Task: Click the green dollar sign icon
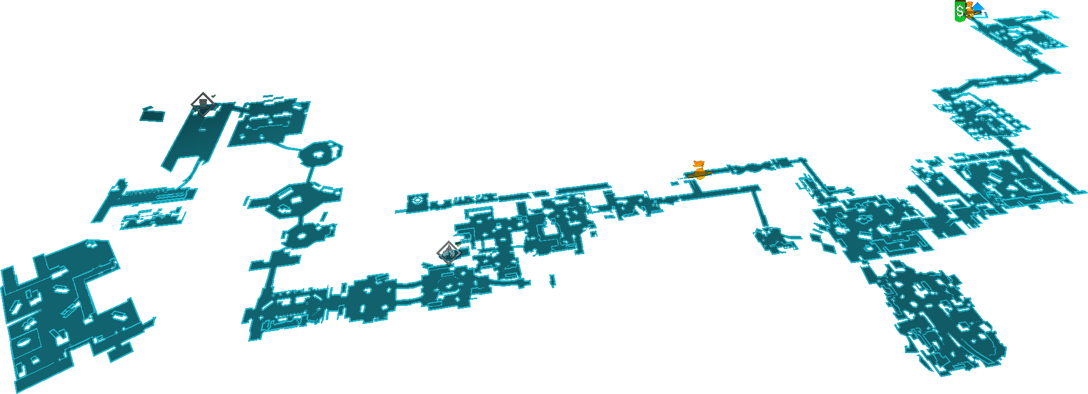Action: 959,11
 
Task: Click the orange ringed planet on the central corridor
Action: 699,173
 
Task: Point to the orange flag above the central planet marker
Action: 698,164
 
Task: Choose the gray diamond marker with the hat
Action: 202,104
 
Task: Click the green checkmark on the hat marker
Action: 213,96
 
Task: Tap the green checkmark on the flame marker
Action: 458,244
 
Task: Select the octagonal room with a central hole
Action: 320,154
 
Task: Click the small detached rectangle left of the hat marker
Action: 152,114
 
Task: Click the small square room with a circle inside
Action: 418,201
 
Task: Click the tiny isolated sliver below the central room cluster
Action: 552,281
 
